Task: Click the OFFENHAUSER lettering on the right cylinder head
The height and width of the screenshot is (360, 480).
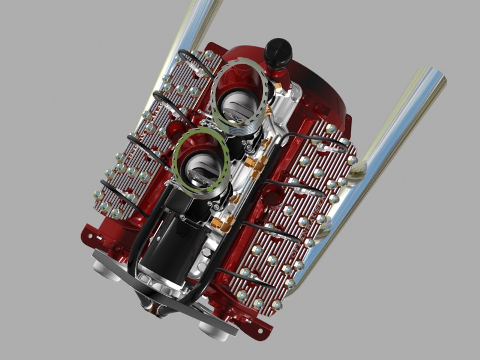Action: coord(309,227)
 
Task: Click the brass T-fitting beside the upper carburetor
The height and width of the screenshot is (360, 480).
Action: coord(257,163)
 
